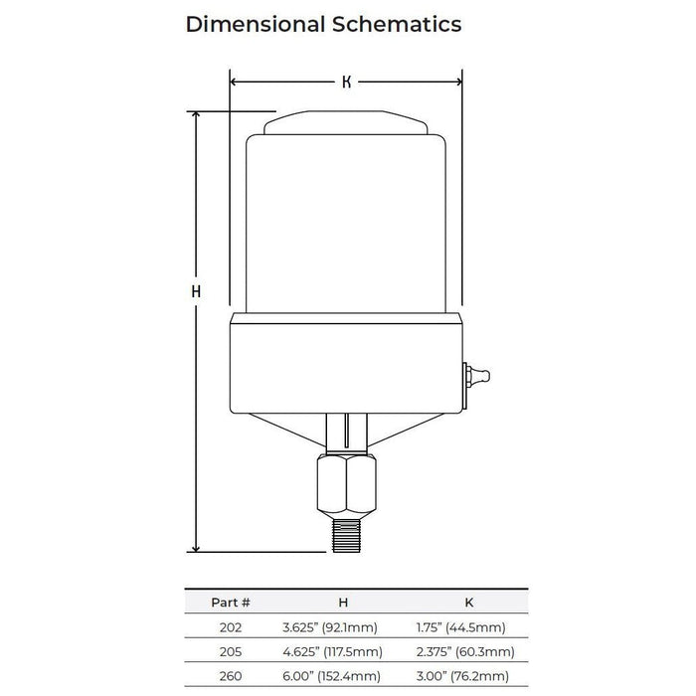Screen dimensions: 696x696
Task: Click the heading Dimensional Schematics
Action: (323, 25)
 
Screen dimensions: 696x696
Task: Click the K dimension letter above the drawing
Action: (346, 83)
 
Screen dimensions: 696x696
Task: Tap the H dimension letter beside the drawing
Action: (196, 291)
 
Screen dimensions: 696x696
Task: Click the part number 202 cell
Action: (231, 626)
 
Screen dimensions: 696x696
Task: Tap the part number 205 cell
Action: (231, 651)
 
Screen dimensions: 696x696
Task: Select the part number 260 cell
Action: (231, 676)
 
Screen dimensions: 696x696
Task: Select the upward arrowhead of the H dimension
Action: (196, 116)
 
